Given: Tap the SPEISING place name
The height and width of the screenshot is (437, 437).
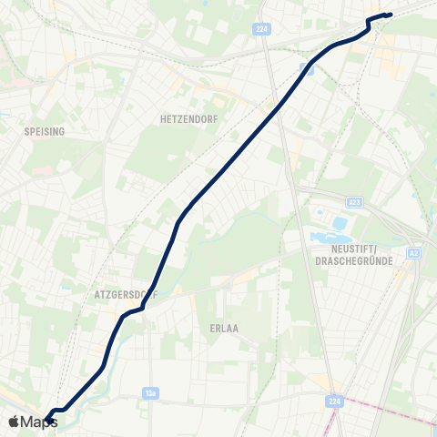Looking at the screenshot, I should pos(45,131).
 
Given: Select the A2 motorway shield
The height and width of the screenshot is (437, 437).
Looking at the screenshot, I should pos(414,253).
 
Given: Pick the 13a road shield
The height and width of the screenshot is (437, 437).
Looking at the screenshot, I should pos(151,393).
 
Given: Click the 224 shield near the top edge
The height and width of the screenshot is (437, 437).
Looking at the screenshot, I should pos(263,29).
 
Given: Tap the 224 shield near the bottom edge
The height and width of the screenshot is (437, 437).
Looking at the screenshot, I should pos(336,400).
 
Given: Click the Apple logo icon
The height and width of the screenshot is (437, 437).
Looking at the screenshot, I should pos(14,422).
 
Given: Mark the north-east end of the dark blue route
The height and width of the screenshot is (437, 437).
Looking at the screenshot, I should pos(389,15).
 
